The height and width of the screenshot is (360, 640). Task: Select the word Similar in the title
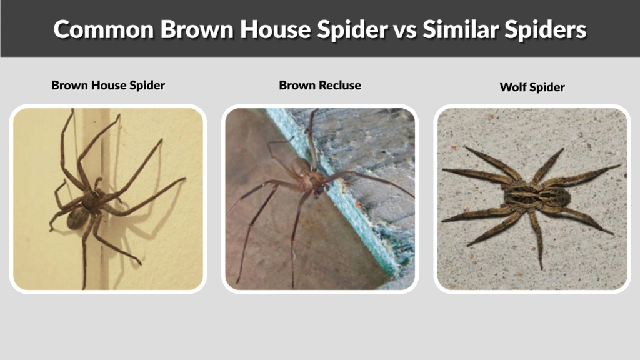click(458, 29)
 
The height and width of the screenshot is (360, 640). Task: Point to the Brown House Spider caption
click(108, 85)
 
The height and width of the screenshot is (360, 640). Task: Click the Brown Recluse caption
click(320, 85)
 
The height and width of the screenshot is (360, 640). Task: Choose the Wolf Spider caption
click(532, 87)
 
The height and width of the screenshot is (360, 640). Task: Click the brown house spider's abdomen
click(79, 217)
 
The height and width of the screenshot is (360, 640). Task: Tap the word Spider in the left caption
click(146, 85)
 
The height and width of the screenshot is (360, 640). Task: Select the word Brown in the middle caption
click(296, 85)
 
